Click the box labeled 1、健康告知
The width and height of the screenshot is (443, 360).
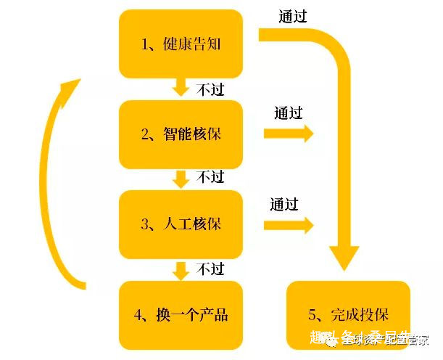(181, 44)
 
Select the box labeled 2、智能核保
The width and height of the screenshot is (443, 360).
(181, 134)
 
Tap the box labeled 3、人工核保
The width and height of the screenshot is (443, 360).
(181, 224)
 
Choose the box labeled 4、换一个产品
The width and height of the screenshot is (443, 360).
(181, 314)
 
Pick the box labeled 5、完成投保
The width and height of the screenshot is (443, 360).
(349, 315)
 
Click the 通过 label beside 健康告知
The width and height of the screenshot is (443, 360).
(293, 16)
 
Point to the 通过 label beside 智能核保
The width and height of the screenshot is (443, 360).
(289, 113)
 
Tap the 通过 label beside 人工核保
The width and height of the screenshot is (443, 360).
(284, 204)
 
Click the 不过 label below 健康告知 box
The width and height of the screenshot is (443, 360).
(210, 89)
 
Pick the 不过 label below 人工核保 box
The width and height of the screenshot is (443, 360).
(210, 269)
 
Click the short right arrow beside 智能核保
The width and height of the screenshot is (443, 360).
(288, 134)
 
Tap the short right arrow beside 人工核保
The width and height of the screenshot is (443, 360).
(288, 225)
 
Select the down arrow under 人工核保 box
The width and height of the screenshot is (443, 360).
(181, 270)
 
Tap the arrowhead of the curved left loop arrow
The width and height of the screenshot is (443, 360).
(68, 89)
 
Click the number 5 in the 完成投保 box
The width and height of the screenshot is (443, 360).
(312, 315)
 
